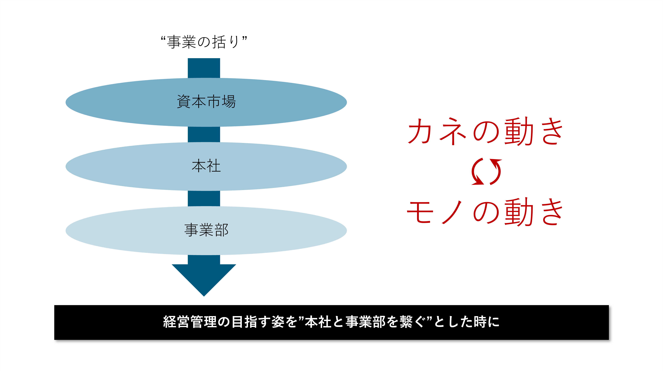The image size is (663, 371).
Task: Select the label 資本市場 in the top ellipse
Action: (206, 101)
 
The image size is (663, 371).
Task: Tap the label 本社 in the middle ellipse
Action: (206, 166)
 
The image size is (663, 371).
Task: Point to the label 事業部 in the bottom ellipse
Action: (206, 230)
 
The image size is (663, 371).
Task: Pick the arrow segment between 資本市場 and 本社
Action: (204, 134)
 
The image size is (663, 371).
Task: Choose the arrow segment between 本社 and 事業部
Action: (204, 198)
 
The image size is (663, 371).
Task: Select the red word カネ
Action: (437, 131)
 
